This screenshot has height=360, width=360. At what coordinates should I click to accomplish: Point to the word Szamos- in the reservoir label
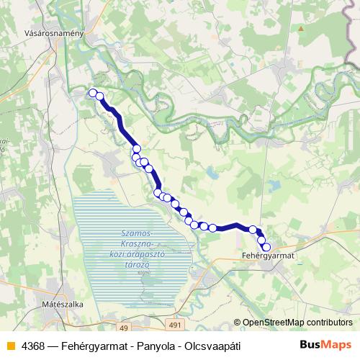tap(135, 234)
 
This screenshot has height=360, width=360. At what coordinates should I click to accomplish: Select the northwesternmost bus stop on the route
tap(92, 92)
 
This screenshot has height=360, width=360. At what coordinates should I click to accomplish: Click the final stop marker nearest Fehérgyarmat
tap(266, 247)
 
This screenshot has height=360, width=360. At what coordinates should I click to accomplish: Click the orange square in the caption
tap(9, 346)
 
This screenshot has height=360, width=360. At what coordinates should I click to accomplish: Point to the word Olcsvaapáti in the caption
tap(209, 346)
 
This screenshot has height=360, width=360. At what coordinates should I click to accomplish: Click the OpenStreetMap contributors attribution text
tap(298, 323)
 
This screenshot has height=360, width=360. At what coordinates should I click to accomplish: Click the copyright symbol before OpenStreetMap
tap(238, 323)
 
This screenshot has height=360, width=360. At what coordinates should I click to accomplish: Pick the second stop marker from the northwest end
tap(99, 96)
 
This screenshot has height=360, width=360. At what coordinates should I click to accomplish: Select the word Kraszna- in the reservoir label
tap(134, 244)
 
